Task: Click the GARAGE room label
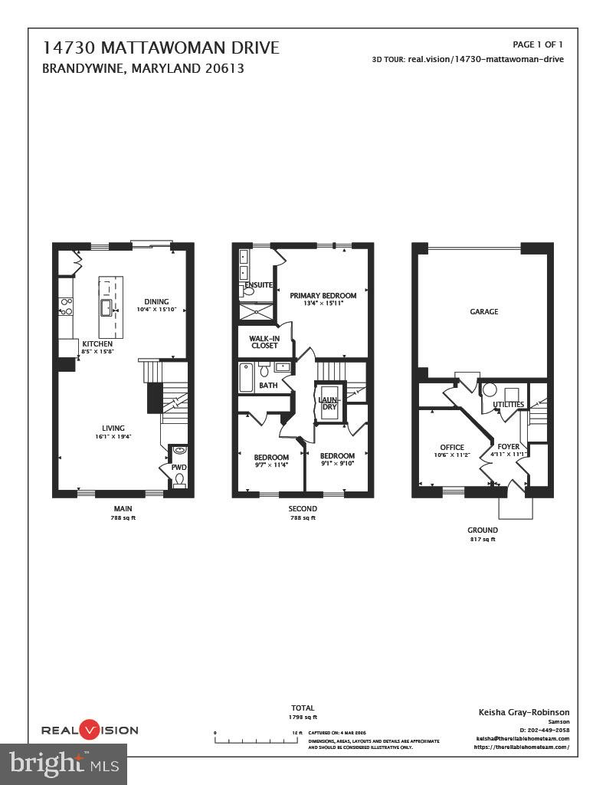click(483, 312)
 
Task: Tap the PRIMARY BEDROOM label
click(323, 296)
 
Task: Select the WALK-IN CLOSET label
click(264, 342)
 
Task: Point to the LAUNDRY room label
click(328, 402)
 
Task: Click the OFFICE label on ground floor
click(452, 448)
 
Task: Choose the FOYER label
click(508, 446)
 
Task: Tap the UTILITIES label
click(509, 404)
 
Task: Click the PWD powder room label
click(179, 467)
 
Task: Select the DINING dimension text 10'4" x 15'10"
click(157, 310)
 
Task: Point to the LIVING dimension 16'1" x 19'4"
click(113, 436)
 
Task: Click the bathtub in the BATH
click(246, 377)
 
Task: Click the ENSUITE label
click(259, 285)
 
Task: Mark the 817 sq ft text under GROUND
click(483, 540)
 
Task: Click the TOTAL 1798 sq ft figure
click(303, 717)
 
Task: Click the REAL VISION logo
click(90, 730)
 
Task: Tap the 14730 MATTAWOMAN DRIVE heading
click(161, 48)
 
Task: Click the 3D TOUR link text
click(467, 59)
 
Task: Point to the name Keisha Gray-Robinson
click(523, 712)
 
